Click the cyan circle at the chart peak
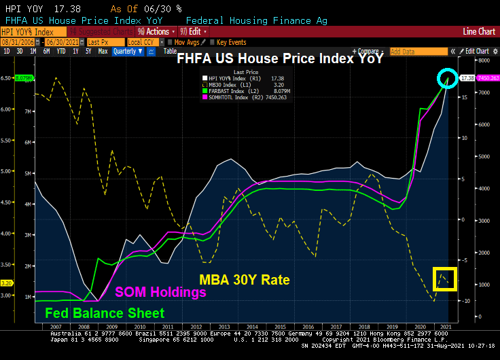point(447,79)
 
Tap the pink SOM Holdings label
point(161,293)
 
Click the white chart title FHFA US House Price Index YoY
point(281,59)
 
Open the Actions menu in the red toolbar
point(157,31)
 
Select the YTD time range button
point(61,51)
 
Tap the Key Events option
point(232,41)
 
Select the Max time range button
point(103,51)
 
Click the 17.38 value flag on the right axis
point(467,78)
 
